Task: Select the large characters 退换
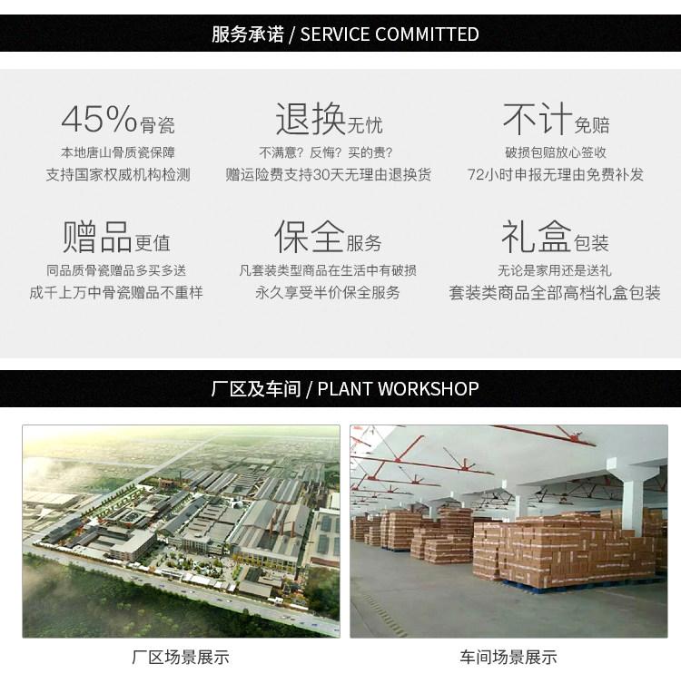pyautogui.click(x=311, y=119)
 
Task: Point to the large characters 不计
pyautogui.click(x=537, y=119)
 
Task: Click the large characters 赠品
pyautogui.click(x=98, y=237)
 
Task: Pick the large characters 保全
pyautogui.click(x=310, y=237)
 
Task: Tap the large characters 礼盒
pyautogui.click(x=536, y=237)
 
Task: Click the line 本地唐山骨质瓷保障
pyautogui.click(x=118, y=152)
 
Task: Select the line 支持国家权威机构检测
pyautogui.click(x=118, y=174)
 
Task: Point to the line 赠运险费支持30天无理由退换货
pyautogui.click(x=329, y=174)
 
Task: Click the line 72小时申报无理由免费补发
pyautogui.click(x=555, y=174)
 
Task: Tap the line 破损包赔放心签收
pyautogui.click(x=555, y=152)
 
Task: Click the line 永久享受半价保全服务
pyautogui.click(x=328, y=292)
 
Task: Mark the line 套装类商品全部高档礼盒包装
pyautogui.click(x=555, y=292)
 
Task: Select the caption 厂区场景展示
pyautogui.click(x=181, y=658)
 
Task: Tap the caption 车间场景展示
pyautogui.click(x=508, y=658)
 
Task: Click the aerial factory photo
pyautogui.click(x=181, y=531)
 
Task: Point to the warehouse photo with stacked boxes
pyautogui.click(x=508, y=531)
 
